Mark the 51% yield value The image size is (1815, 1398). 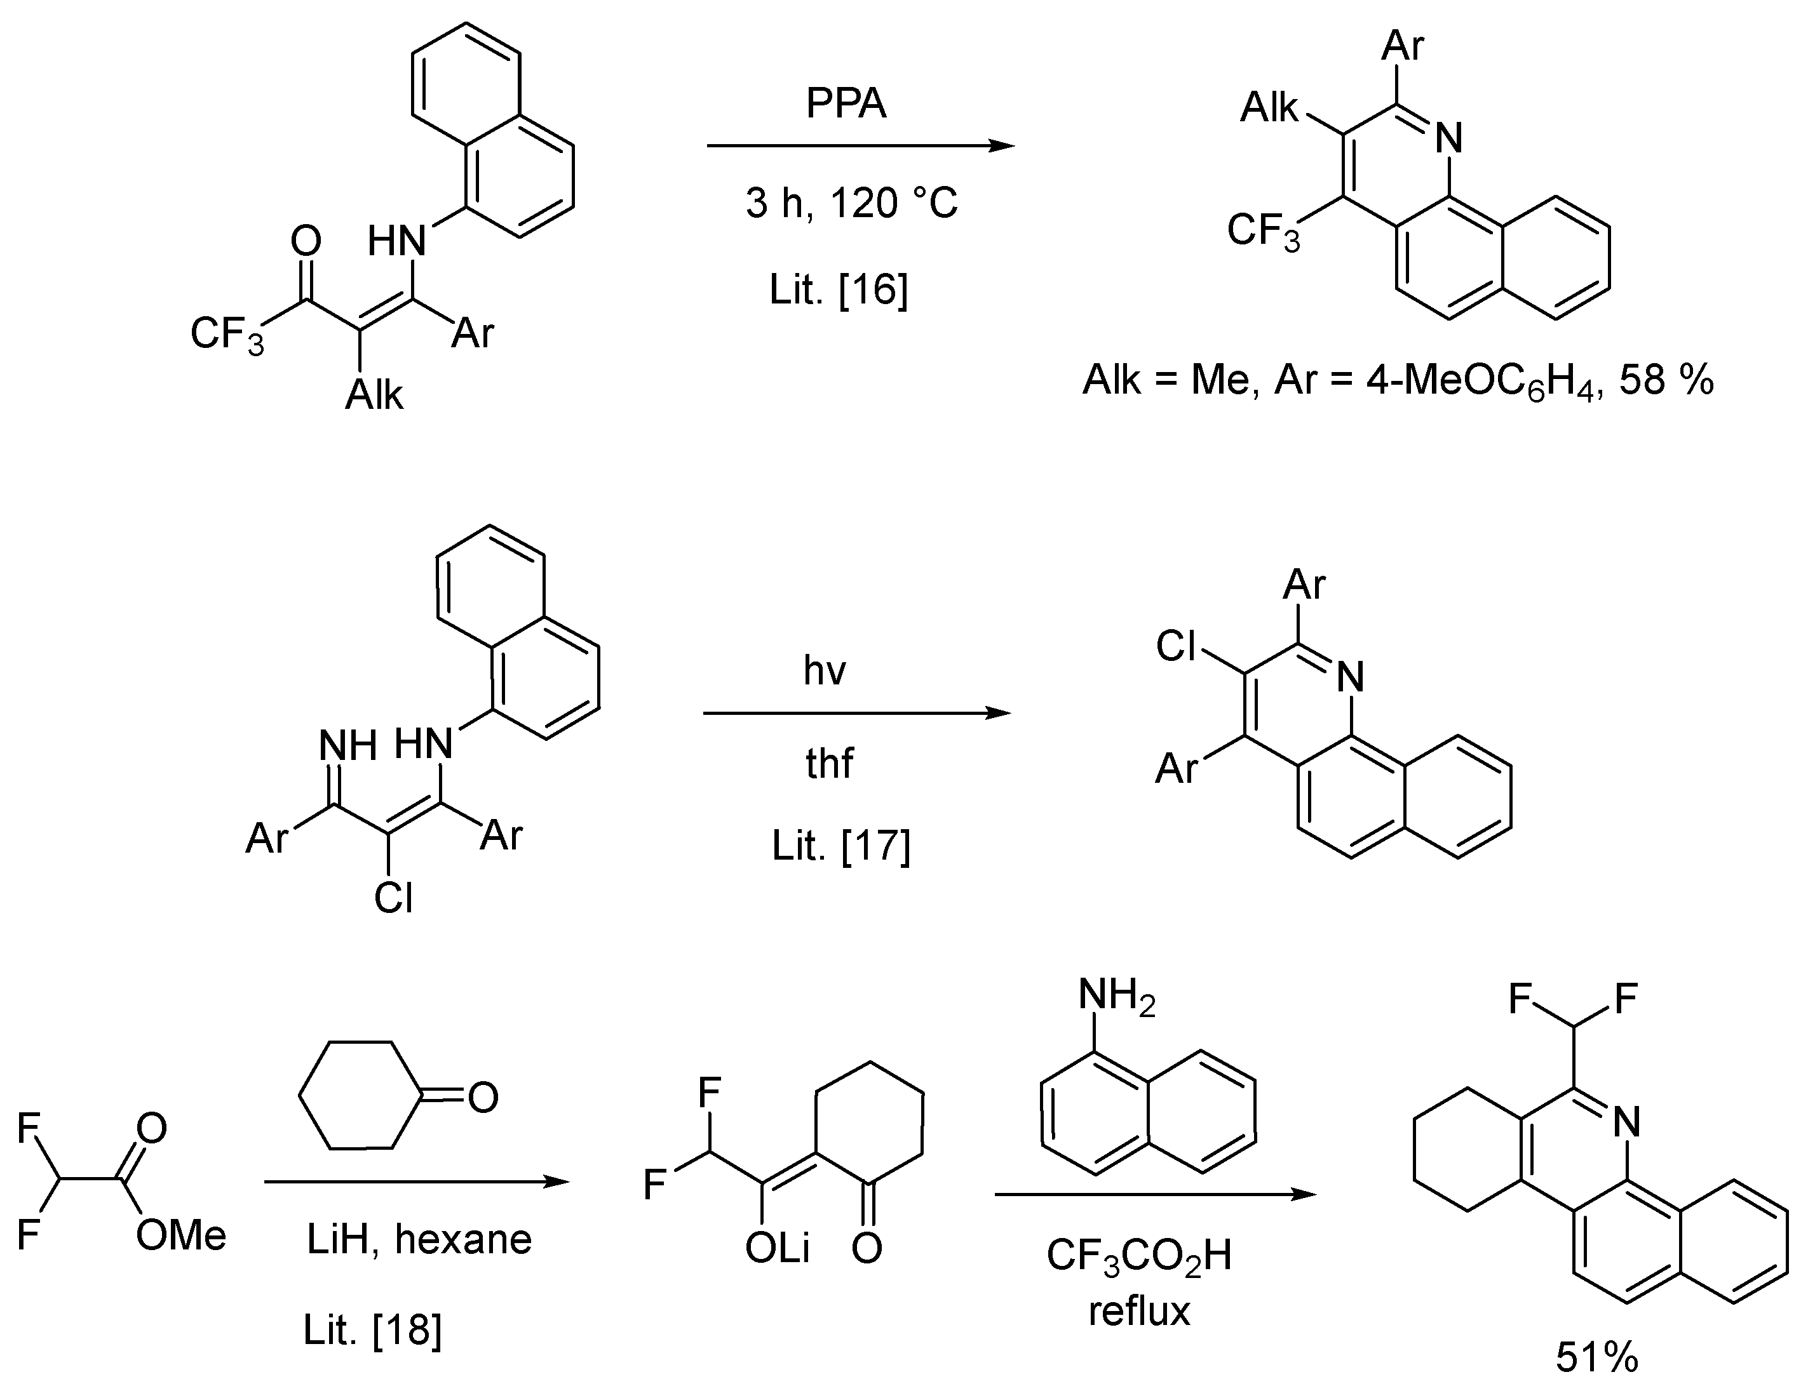coord(1596,1358)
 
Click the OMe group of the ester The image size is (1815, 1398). coord(181,1235)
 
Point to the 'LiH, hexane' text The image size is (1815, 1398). coord(419,1239)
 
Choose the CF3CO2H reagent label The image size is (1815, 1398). coord(1138,1256)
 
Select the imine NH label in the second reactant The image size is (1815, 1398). coord(348,745)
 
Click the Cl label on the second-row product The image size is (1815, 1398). coord(1176,646)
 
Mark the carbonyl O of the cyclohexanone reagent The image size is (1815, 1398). coord(483,1096)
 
